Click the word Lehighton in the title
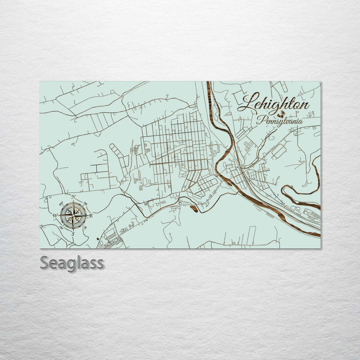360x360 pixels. (x=273, y=103)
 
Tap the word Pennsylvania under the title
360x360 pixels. (x=279, y=120)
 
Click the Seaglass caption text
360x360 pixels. (x=72, y=262)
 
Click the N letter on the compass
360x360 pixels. (x=73, y=197)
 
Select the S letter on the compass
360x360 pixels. (x=73, y=233)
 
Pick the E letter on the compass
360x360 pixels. (x=91, y=216)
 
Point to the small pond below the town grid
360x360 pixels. (x=193, y=208)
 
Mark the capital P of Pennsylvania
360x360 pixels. (x=260, y=119)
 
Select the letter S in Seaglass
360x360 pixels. (x=44, y=262)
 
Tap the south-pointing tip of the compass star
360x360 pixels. (x=73, y=229)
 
